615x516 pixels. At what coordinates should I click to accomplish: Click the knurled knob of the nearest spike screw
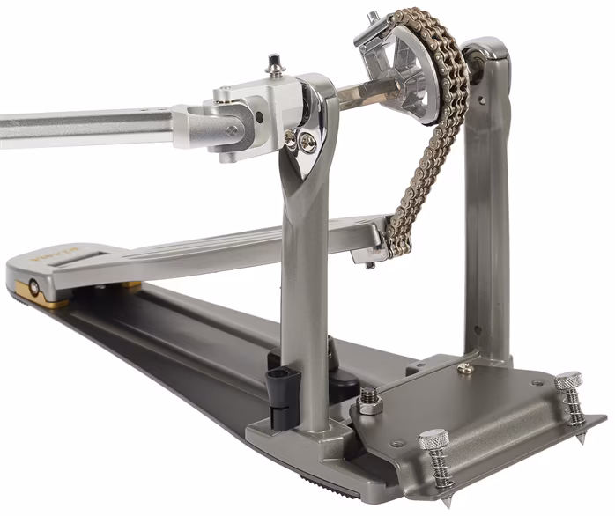[x=433, y=439]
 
